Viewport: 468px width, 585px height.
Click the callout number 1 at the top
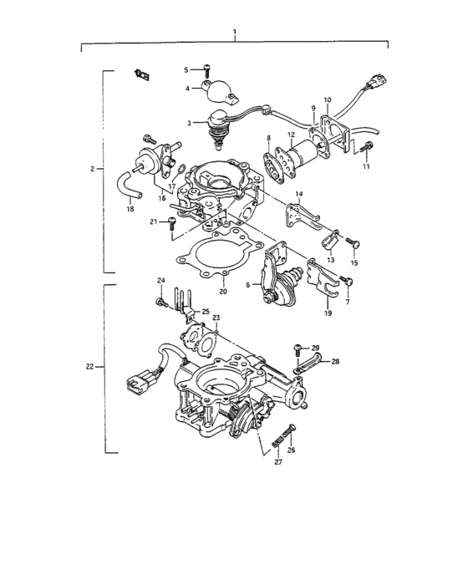pos(235,33)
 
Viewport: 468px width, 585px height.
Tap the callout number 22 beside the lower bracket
pos(91,366)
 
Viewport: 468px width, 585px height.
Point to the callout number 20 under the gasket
pos(223,292)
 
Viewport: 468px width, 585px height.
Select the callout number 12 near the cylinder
pos(290,135)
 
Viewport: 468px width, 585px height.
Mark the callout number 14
pos(299,194)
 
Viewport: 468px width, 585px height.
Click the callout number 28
pos(335,361)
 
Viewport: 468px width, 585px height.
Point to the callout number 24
pos(161,279)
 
